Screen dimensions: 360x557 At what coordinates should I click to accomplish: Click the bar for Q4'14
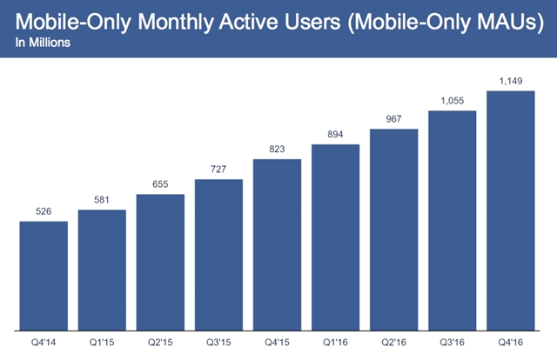[x=44, y=276]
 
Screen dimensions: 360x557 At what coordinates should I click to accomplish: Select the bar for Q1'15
[x=102, y=270]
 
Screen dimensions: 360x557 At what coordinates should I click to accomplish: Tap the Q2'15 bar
[x=160, y=263]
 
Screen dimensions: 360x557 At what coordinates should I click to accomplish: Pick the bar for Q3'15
[x=218, y=255]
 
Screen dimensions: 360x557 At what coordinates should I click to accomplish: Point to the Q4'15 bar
[x=277, y=245]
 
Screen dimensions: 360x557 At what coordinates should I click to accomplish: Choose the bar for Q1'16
[x=335, y=237]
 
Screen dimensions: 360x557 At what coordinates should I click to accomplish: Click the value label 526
[x=44, y=211]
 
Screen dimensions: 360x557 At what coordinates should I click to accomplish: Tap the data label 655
[x=160, y=183]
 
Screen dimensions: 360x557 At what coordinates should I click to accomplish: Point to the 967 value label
[x=393, y=119]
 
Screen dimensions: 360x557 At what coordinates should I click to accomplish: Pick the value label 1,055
[x=452, y=100]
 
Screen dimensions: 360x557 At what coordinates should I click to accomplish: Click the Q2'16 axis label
[x=393, y=343]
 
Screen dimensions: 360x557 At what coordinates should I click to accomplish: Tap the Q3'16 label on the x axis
[x=452, y=343]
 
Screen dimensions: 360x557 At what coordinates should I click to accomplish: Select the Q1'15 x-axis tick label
[x=102, y=343]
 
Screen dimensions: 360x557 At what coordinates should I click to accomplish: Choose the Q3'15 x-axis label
[x=218, y=343]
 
